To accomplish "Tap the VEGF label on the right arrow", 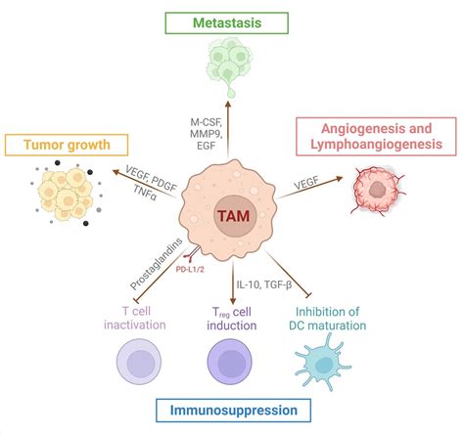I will point(315,184).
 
